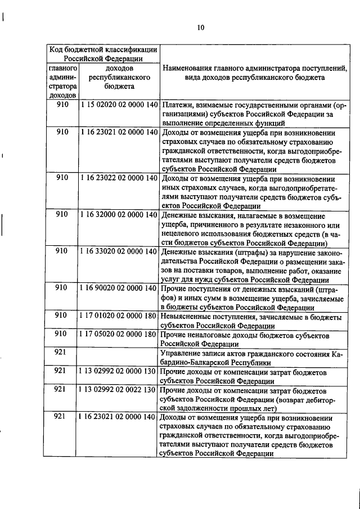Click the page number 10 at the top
[201, 26]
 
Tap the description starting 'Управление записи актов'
[251, 357]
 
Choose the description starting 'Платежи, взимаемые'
[251, 114]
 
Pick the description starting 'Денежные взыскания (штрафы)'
[251, 265]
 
